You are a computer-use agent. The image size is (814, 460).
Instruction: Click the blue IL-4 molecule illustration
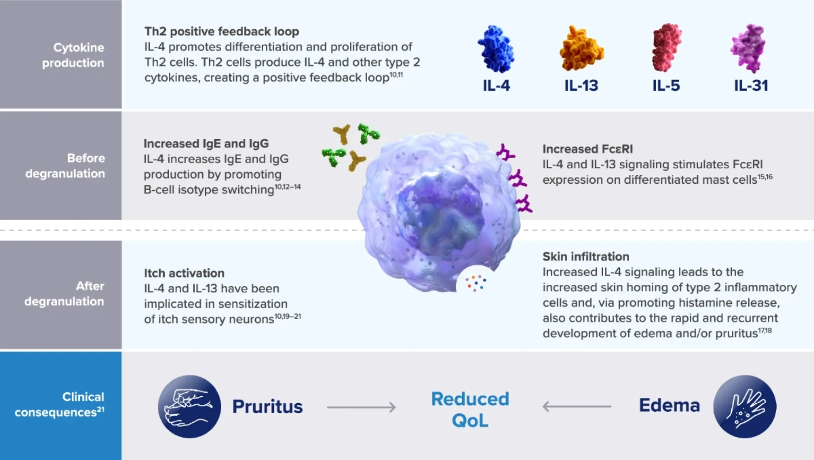(496, 49)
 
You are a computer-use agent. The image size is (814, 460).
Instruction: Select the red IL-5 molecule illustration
(666, 48)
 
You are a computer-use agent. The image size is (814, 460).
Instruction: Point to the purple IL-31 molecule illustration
(748, 48)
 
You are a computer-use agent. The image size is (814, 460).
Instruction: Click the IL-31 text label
(751, 86)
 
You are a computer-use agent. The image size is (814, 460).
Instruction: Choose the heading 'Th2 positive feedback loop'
(222, 31)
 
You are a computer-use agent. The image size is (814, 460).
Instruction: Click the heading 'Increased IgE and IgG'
(206, 143)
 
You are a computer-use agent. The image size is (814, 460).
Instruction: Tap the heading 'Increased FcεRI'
(588, 149)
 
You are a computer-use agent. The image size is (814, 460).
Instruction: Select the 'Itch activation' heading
(184, 273)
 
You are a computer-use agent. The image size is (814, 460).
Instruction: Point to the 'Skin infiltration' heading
(586, 256)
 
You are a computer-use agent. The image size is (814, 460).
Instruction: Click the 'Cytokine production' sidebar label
(73, 55)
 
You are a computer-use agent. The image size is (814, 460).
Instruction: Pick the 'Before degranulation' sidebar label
(65, 165)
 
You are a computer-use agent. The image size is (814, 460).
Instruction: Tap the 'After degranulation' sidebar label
(64, 294)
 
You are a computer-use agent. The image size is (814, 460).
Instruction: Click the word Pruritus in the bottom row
(268, 407)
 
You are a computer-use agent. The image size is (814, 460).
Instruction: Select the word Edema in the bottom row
(669, 405)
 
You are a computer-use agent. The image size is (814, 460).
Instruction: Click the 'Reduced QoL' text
(470, 410)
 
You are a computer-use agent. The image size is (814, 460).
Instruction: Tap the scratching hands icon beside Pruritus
(190, 407)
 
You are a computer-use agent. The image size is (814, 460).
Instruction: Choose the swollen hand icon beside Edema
(745, 407)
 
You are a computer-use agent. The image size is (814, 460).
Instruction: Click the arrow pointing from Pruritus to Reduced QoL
(361, 407)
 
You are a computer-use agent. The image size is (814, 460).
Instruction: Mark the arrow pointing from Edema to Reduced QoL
(577, 407)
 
